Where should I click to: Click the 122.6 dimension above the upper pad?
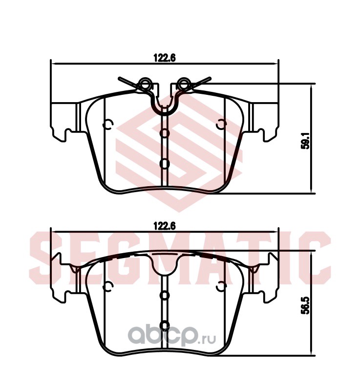coord(165,58)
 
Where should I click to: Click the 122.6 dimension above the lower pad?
coord(165,226)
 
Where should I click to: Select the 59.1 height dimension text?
coord(305,140)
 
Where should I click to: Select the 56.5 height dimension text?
coord(305,305)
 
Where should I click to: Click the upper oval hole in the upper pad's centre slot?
coord(164,133)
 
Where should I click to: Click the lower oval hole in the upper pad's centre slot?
coord(164,164)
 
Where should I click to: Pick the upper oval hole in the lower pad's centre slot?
coord(164,296)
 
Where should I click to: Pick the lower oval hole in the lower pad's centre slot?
coord(164,326)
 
